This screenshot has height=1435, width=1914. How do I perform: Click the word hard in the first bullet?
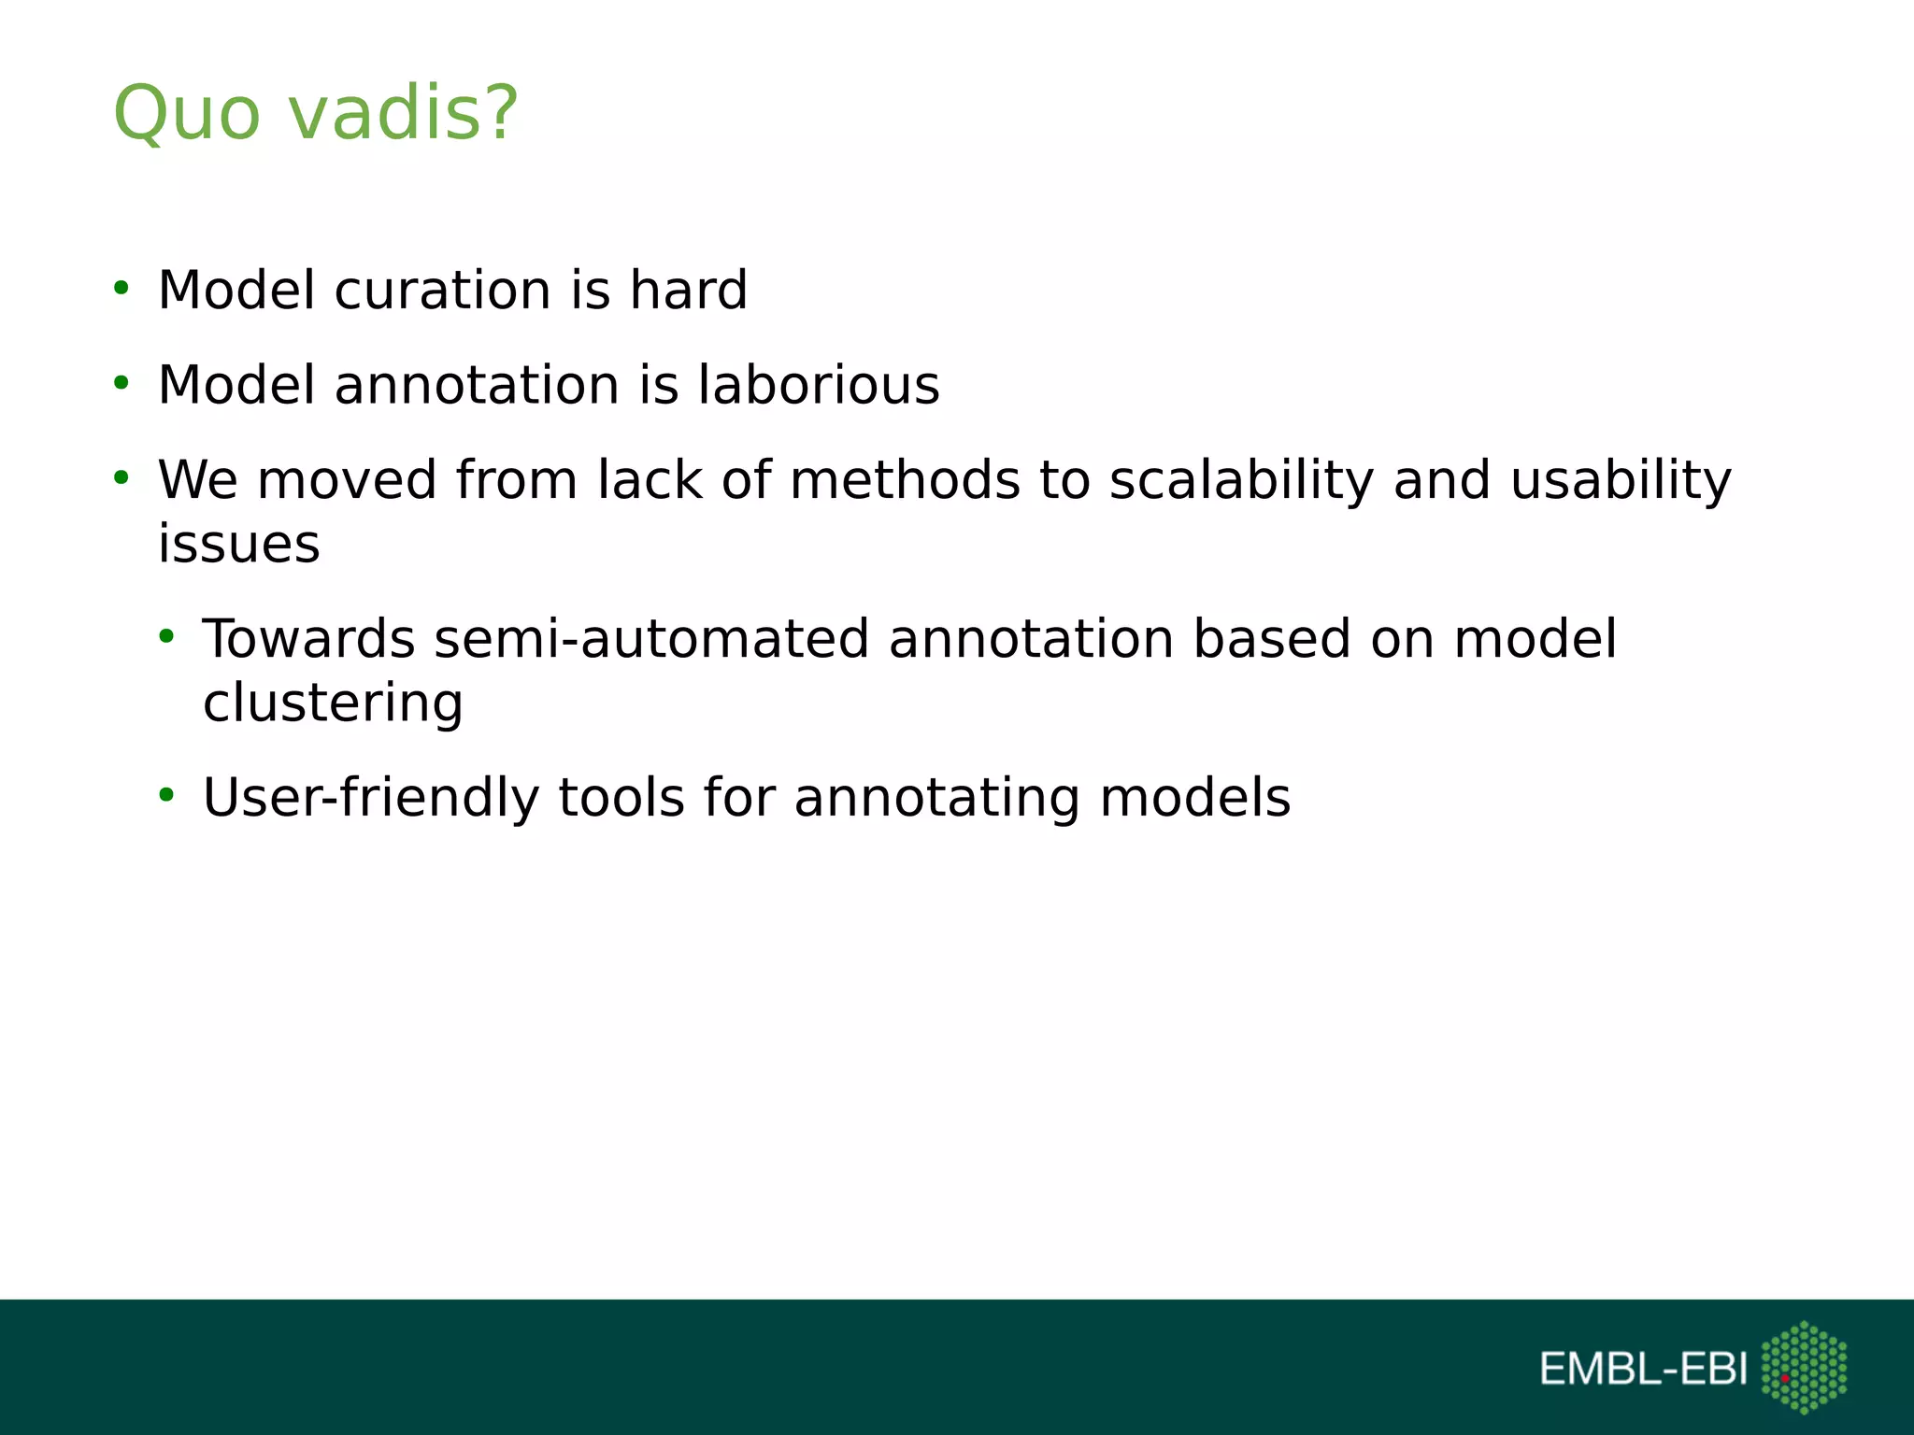coord(688,290)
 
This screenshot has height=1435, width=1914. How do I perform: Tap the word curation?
coord(442,290)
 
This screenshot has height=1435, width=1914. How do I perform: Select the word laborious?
coord(819,385)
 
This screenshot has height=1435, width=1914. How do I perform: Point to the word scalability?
coord(1241,480)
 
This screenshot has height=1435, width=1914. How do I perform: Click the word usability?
coord(1621,480)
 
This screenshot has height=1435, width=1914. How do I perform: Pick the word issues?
coord(238,544)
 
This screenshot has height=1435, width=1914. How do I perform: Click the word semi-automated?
coord(651,639)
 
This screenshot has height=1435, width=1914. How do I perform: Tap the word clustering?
coord(333,703)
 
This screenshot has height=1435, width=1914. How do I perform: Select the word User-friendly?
coord(371,798)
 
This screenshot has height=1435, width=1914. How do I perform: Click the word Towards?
coord(308,639)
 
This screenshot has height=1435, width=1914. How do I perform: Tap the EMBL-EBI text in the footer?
coord(1643,1370)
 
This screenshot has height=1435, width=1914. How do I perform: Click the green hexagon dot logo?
coord(1804,1367)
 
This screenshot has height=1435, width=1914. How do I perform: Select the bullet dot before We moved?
coord(121,478)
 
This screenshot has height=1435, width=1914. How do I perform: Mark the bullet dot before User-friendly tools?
coord(166,796)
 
